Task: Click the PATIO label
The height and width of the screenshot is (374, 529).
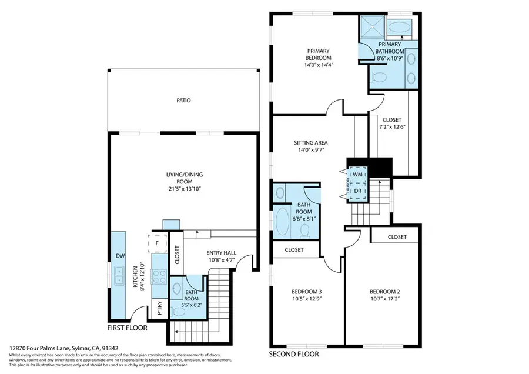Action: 183,101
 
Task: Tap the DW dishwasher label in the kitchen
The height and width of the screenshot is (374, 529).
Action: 119,256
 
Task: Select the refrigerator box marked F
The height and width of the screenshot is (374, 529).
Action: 158,242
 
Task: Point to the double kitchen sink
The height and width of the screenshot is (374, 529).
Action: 119,272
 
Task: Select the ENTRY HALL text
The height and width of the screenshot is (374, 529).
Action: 221,253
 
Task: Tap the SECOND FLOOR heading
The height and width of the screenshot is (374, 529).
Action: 294,355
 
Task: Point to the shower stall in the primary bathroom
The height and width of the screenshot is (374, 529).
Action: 371,26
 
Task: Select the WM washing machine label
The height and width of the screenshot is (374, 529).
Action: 357,175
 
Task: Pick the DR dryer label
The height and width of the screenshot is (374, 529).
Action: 357,191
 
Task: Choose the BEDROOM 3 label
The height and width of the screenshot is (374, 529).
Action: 306,292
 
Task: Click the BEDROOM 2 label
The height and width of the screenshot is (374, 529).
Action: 384,292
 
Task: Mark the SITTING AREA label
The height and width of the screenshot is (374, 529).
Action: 311,143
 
